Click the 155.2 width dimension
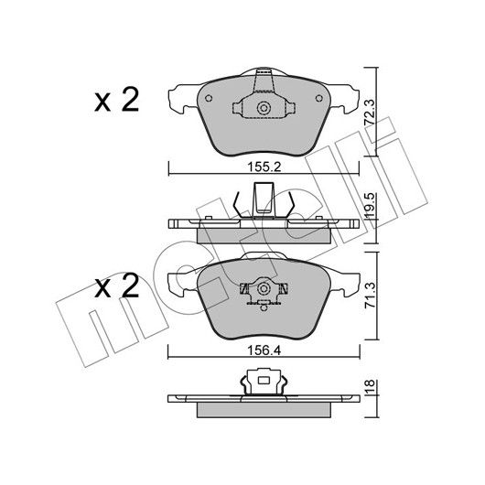264,167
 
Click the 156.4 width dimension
264,350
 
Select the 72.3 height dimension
370,112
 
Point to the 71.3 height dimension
370,295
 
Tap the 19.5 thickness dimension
370,205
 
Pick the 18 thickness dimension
370,386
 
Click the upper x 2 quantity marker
116,100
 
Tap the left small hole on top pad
209,98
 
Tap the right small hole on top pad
318,98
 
